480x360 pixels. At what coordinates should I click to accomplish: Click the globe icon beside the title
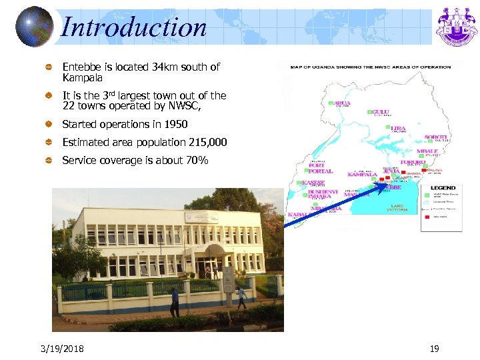[33, 26]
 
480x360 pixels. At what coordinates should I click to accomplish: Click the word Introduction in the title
[133, 27]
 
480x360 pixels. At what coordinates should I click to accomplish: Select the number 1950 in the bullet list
[174, 125]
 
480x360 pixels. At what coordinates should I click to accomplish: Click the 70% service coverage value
[198, 161]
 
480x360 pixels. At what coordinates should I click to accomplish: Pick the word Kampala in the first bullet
[83, 77]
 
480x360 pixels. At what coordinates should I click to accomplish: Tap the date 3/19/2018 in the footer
[62, 349]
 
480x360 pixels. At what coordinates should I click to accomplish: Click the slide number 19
[434, 349]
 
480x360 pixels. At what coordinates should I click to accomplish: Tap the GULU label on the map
[381, 112]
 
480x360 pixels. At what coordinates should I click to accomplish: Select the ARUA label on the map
[341, 103]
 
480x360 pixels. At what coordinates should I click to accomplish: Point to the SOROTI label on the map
[437, 137]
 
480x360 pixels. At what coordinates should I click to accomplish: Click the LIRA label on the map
[398, 128]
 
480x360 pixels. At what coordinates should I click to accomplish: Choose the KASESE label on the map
[313, 183]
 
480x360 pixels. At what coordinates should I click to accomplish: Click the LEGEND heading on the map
[443, 188]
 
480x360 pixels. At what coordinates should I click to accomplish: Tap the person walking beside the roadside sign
[241, 296]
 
